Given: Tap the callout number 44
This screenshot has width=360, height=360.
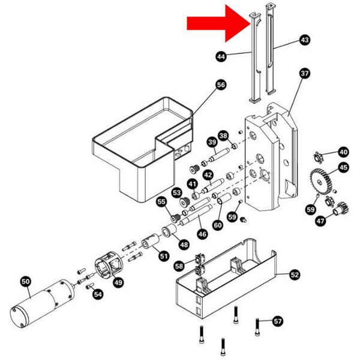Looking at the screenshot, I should coord(221,57).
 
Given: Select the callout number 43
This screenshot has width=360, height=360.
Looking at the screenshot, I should coord(304,40).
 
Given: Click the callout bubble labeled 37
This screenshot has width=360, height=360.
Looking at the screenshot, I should coord(304,74).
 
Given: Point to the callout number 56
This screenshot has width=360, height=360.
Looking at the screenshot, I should coord(220,85).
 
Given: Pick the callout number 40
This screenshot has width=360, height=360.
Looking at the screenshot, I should coord(343,152).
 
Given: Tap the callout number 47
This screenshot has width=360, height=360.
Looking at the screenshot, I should coord(320,221).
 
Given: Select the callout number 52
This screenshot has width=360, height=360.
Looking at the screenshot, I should coord(295,275).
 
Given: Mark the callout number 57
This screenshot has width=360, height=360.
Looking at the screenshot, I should coord(277,321).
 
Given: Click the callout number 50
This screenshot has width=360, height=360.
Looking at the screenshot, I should coord(25,281).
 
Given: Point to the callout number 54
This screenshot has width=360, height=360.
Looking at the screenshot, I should coord(98,294).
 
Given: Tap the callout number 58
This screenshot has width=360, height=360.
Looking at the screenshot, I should coord(179,265).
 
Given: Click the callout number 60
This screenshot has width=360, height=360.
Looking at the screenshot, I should coord(217,224).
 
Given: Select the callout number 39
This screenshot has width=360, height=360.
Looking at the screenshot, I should coord(211,142).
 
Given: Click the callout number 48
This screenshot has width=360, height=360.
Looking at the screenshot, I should coord(182,244).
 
